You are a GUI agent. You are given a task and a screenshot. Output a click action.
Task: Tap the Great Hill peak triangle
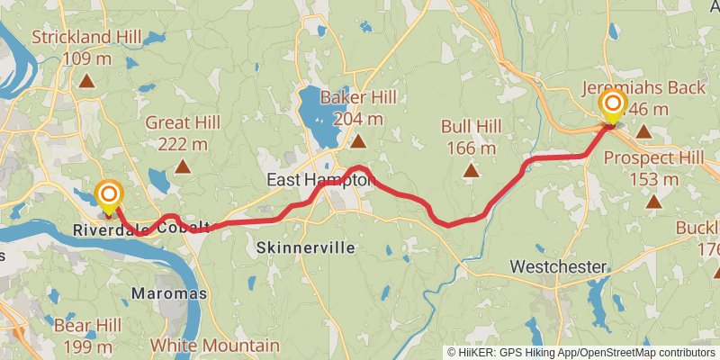pos(183,166)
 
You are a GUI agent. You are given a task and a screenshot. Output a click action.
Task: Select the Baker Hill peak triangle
pos(358,141)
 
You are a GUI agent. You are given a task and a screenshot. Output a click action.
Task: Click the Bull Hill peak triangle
pos(470,169)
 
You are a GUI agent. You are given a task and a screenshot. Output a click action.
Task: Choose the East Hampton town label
pos(319,181)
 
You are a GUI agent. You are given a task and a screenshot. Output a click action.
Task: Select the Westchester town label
pos(558,266)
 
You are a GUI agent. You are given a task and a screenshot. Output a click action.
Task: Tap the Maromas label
pos(169,293)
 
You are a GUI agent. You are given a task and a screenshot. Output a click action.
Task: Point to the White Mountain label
pos(214,346)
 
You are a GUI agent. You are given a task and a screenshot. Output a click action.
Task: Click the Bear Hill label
pos(87,335)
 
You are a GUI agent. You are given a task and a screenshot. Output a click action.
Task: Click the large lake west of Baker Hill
pos(315,112)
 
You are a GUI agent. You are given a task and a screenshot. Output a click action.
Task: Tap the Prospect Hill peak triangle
pos(653,202)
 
